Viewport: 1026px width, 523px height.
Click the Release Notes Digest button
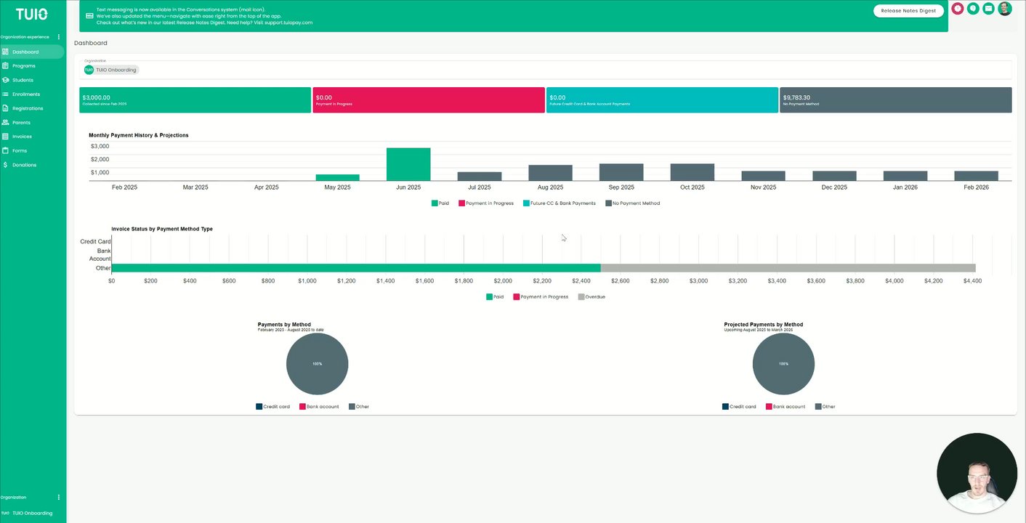(x=908, y=11)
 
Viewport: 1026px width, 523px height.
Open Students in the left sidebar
(x=23, y=80)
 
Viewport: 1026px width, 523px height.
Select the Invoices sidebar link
(x=22, y=137)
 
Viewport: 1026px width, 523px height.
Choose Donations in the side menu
(x=24, y=165)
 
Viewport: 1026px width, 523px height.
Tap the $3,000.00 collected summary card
(x=195, y=100)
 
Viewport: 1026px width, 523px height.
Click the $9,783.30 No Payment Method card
(x=895, y=100)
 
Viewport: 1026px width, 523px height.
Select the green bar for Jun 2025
(x=408, y=164)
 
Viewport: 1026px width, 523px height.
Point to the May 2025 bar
(x=337, y=177)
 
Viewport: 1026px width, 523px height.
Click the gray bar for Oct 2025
(x=692, y=172)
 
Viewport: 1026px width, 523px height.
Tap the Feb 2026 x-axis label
(x=976, y=187)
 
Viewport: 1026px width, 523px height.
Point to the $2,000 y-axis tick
(x=100, y=159)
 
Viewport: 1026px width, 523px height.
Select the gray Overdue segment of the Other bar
(x=788, y=268)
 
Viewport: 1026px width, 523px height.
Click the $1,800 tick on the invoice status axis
(x=464, y=280)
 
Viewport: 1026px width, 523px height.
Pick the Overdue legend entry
(x=591, y=297)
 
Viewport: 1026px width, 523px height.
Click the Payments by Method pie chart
(x=317, y=364)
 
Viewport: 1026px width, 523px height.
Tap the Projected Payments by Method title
(x=763, y=325)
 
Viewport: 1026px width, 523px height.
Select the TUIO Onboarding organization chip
(x=110, y=70)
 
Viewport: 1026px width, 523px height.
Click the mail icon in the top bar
(x=988, y=9)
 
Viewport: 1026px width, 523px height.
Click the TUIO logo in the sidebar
(x=32, y=14)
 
